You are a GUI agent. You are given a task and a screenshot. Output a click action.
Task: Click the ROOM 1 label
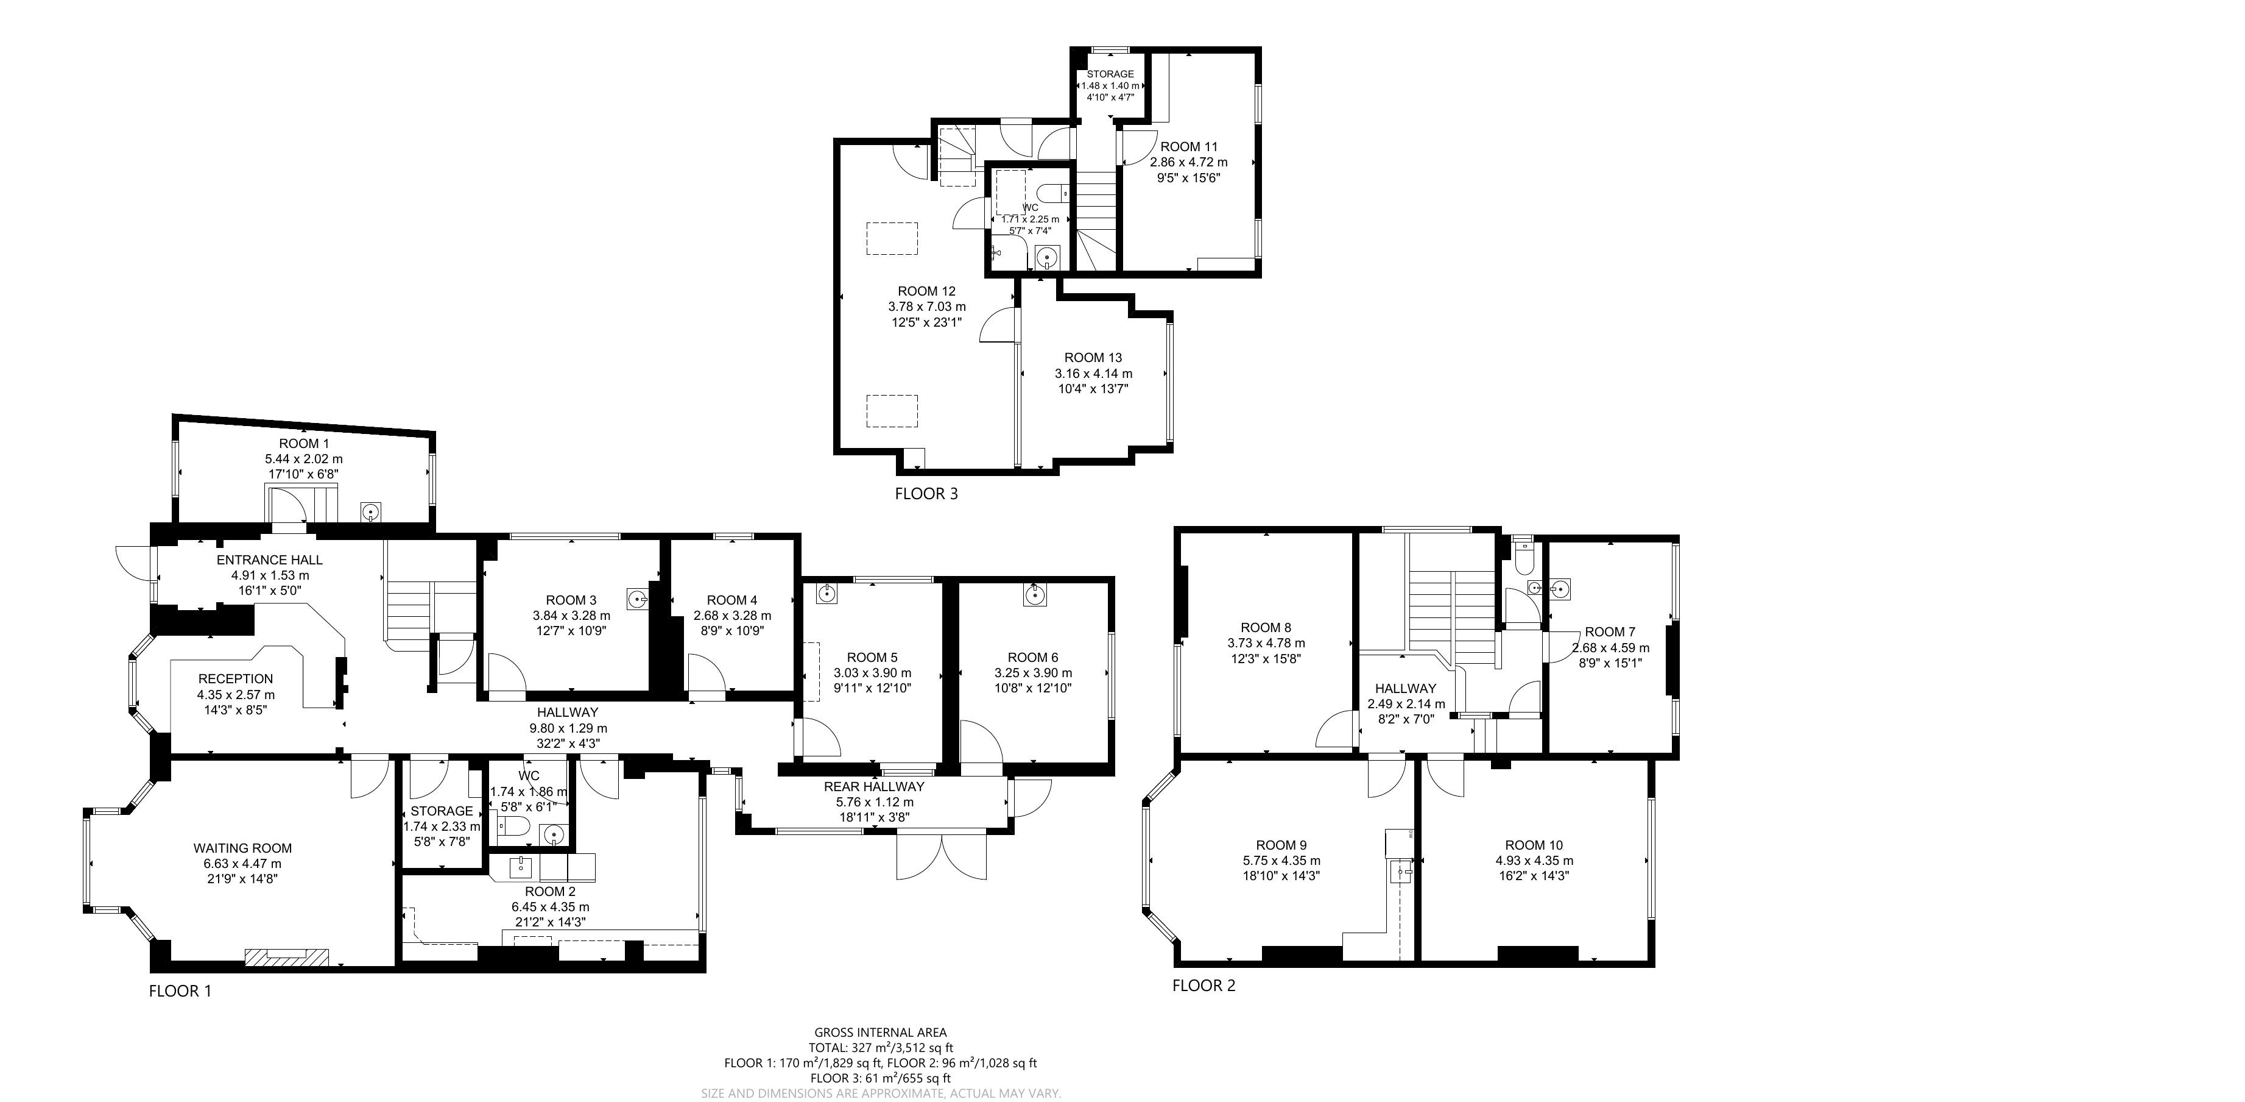pos(304,444)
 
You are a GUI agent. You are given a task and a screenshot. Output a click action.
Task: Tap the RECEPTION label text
pos(235,679)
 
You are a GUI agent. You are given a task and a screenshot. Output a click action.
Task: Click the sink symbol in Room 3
pos(638,599)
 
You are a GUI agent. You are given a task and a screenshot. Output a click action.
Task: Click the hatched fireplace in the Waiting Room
pos(287,958)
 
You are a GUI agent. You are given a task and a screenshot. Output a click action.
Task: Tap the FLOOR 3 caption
pos(926,494)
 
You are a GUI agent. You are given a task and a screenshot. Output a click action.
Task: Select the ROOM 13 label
pos(1093,357)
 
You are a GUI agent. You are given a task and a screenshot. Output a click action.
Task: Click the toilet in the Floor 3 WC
pos(1050,192)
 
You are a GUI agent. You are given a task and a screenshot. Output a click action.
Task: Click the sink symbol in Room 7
pos(1561,589)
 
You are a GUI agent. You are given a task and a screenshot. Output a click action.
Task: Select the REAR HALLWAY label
pos(874,786)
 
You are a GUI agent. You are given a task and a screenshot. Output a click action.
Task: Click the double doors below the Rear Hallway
pos(942,855)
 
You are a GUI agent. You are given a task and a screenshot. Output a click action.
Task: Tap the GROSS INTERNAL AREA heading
pos(880,1033)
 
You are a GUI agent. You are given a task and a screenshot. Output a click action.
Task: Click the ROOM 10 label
pos(1534,845)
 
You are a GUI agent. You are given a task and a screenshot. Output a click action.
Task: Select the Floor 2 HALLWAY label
pos(1406,689)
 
